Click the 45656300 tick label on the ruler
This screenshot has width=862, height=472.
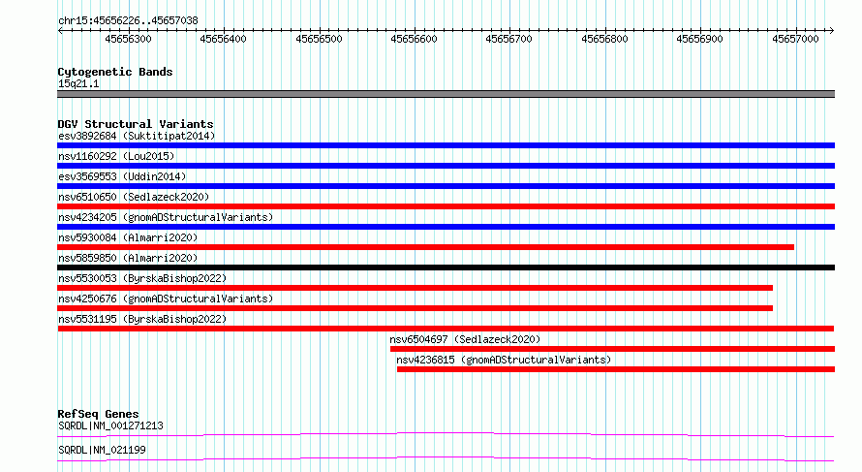point(128,39)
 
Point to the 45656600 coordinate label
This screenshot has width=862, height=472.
point(414,39)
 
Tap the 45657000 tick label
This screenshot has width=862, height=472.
point(795,39)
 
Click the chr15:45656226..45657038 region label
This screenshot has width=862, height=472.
point(128,21)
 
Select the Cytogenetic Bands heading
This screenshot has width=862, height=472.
point(115,72)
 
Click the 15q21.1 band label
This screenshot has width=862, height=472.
point(78,83)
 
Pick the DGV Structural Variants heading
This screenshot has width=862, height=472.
point(136,124)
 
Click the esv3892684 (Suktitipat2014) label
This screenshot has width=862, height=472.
point(137,136)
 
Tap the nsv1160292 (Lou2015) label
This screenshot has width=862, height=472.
point(116,156)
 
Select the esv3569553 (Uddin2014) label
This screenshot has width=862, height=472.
point(122,176)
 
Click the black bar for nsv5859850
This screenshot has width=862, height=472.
point(446,267)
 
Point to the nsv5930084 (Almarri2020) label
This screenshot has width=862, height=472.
point(128,237)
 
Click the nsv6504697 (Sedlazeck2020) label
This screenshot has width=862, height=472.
point(465,339)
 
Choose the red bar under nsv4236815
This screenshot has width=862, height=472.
point(616,369)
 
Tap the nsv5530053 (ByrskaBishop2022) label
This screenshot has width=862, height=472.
point(142,278)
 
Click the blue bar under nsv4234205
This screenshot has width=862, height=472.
point(446,227)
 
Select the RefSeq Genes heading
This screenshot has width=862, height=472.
point(98,414)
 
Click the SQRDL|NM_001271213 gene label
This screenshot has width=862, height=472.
point(110,425)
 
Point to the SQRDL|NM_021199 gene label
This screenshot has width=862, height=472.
point(102,450)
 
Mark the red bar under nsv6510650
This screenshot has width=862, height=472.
point(446,206)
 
